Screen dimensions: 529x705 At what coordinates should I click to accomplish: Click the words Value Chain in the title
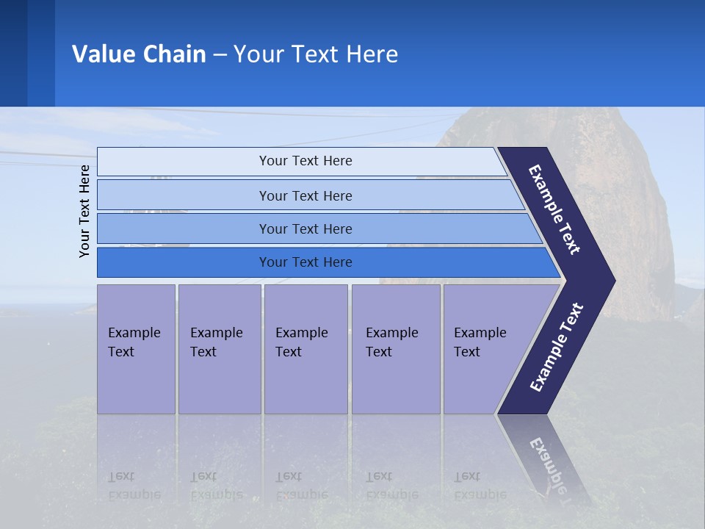point(139,54)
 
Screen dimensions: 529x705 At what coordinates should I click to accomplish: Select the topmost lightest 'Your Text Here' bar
point(305,161)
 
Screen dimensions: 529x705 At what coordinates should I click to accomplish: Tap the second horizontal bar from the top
point(305,195)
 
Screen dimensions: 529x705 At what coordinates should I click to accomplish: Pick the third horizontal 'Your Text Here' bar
point(305,228)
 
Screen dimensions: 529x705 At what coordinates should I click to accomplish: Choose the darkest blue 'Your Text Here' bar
point(305,262)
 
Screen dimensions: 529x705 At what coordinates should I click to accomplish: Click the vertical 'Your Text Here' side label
point(84,211)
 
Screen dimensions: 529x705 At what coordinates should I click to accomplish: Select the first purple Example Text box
point(136,348)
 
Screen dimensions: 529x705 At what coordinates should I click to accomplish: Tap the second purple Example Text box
point(219,348)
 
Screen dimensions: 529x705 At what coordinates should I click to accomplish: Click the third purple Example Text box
point(305,348)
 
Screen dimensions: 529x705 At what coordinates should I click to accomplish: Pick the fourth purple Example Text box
point(395,348)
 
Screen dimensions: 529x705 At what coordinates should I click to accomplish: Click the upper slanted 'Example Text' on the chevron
point(554,209)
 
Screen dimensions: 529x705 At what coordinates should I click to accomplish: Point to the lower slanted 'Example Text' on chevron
point(557,348)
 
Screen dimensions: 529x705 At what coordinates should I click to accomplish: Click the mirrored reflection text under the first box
point(134,485)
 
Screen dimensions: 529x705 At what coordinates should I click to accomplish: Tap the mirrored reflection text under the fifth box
point(480,485)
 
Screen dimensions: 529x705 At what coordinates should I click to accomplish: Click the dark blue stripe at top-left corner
point(13,53)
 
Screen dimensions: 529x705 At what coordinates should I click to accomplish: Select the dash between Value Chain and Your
point(220,54)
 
